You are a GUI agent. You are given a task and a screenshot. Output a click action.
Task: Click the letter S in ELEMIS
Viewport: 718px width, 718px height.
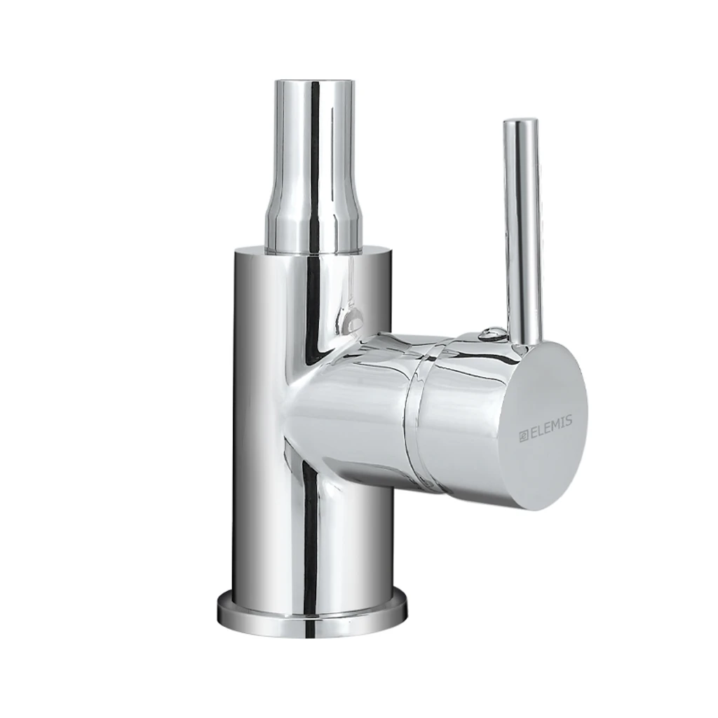click(x=569, y=419)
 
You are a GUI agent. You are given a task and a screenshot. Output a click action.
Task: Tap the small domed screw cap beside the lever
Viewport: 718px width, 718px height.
click(x=491, y=333)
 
